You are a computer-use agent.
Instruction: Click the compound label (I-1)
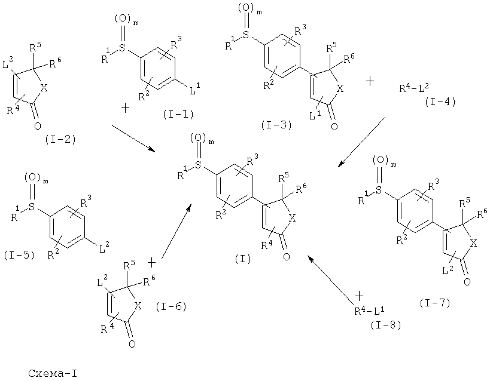[x=178, y=115]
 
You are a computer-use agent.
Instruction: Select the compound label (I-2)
[x=60, y=140]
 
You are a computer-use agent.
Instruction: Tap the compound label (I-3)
[x=276, y=125]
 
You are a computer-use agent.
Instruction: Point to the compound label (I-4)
[x=440, y=102]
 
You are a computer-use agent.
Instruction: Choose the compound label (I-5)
[x=19, y=255]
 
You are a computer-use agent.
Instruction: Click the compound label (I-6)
[x=171, y=306]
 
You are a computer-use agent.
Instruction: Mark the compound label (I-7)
[x=435, y=303]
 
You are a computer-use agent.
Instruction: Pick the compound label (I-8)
[x=386, y=325]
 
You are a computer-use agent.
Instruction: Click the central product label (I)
[x=243, y=259]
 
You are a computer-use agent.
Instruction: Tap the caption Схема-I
[x=53, y=373]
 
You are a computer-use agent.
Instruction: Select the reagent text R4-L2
[x=414, y=88]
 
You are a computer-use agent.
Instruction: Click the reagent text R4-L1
[x=369, y=311]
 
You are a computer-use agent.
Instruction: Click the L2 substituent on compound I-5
[x=104, y=248]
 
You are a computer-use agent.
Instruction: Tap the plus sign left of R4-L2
[x=370, y=81]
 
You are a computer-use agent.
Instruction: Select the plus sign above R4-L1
[x=360, y=295]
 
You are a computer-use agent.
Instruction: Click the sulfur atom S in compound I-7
[x=379, y=190]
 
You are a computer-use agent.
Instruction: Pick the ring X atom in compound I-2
[x=44, y=88]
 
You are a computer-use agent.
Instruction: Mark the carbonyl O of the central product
[x=286, y=257]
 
